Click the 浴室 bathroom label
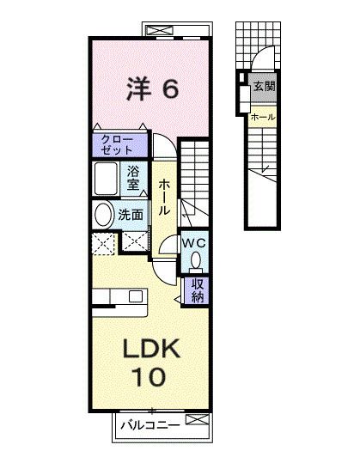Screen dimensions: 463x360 pyautogui.click(x=134, y=177)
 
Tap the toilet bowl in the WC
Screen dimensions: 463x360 pyautogui.click(x=196, y=260)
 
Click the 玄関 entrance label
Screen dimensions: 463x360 pyautogui.click(x=265, y=86)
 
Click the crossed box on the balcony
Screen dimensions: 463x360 pyautogui.click(x=196, y=420)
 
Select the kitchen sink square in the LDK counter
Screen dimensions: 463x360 pyautogui.click(x=136, y=296)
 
